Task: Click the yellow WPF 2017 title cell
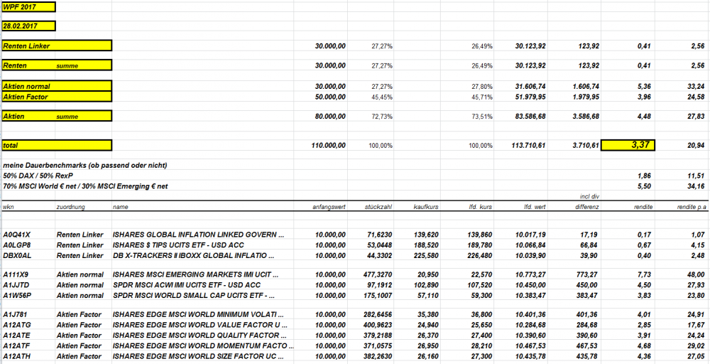28,7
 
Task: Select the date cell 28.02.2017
28,26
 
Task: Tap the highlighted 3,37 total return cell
628,145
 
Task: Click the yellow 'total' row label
57,145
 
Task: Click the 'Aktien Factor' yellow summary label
57,97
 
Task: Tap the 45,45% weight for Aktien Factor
382,97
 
